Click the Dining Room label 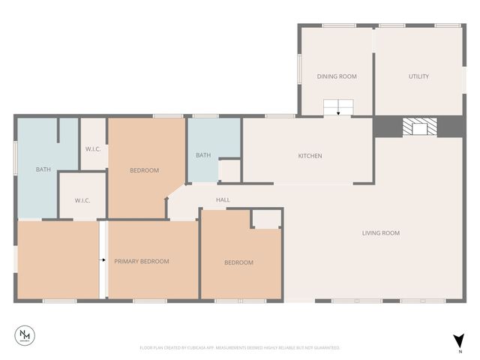click(336, 76)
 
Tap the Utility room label click(418, 76)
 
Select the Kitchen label click(310, 156)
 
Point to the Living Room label click(381, 233)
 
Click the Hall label click(223, 199)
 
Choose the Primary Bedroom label click(141, 262)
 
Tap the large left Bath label click(43, 169)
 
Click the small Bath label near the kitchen click(203, 155)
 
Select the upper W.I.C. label click(93, 148)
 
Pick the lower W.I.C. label click(82, 200)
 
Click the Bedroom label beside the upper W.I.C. click(144, 170)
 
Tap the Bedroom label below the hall click(238, 262)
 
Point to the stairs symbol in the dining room click(338, 107)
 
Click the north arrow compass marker click(458, 342)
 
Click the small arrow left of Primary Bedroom click(103, 261)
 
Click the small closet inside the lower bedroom click(265, 218)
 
